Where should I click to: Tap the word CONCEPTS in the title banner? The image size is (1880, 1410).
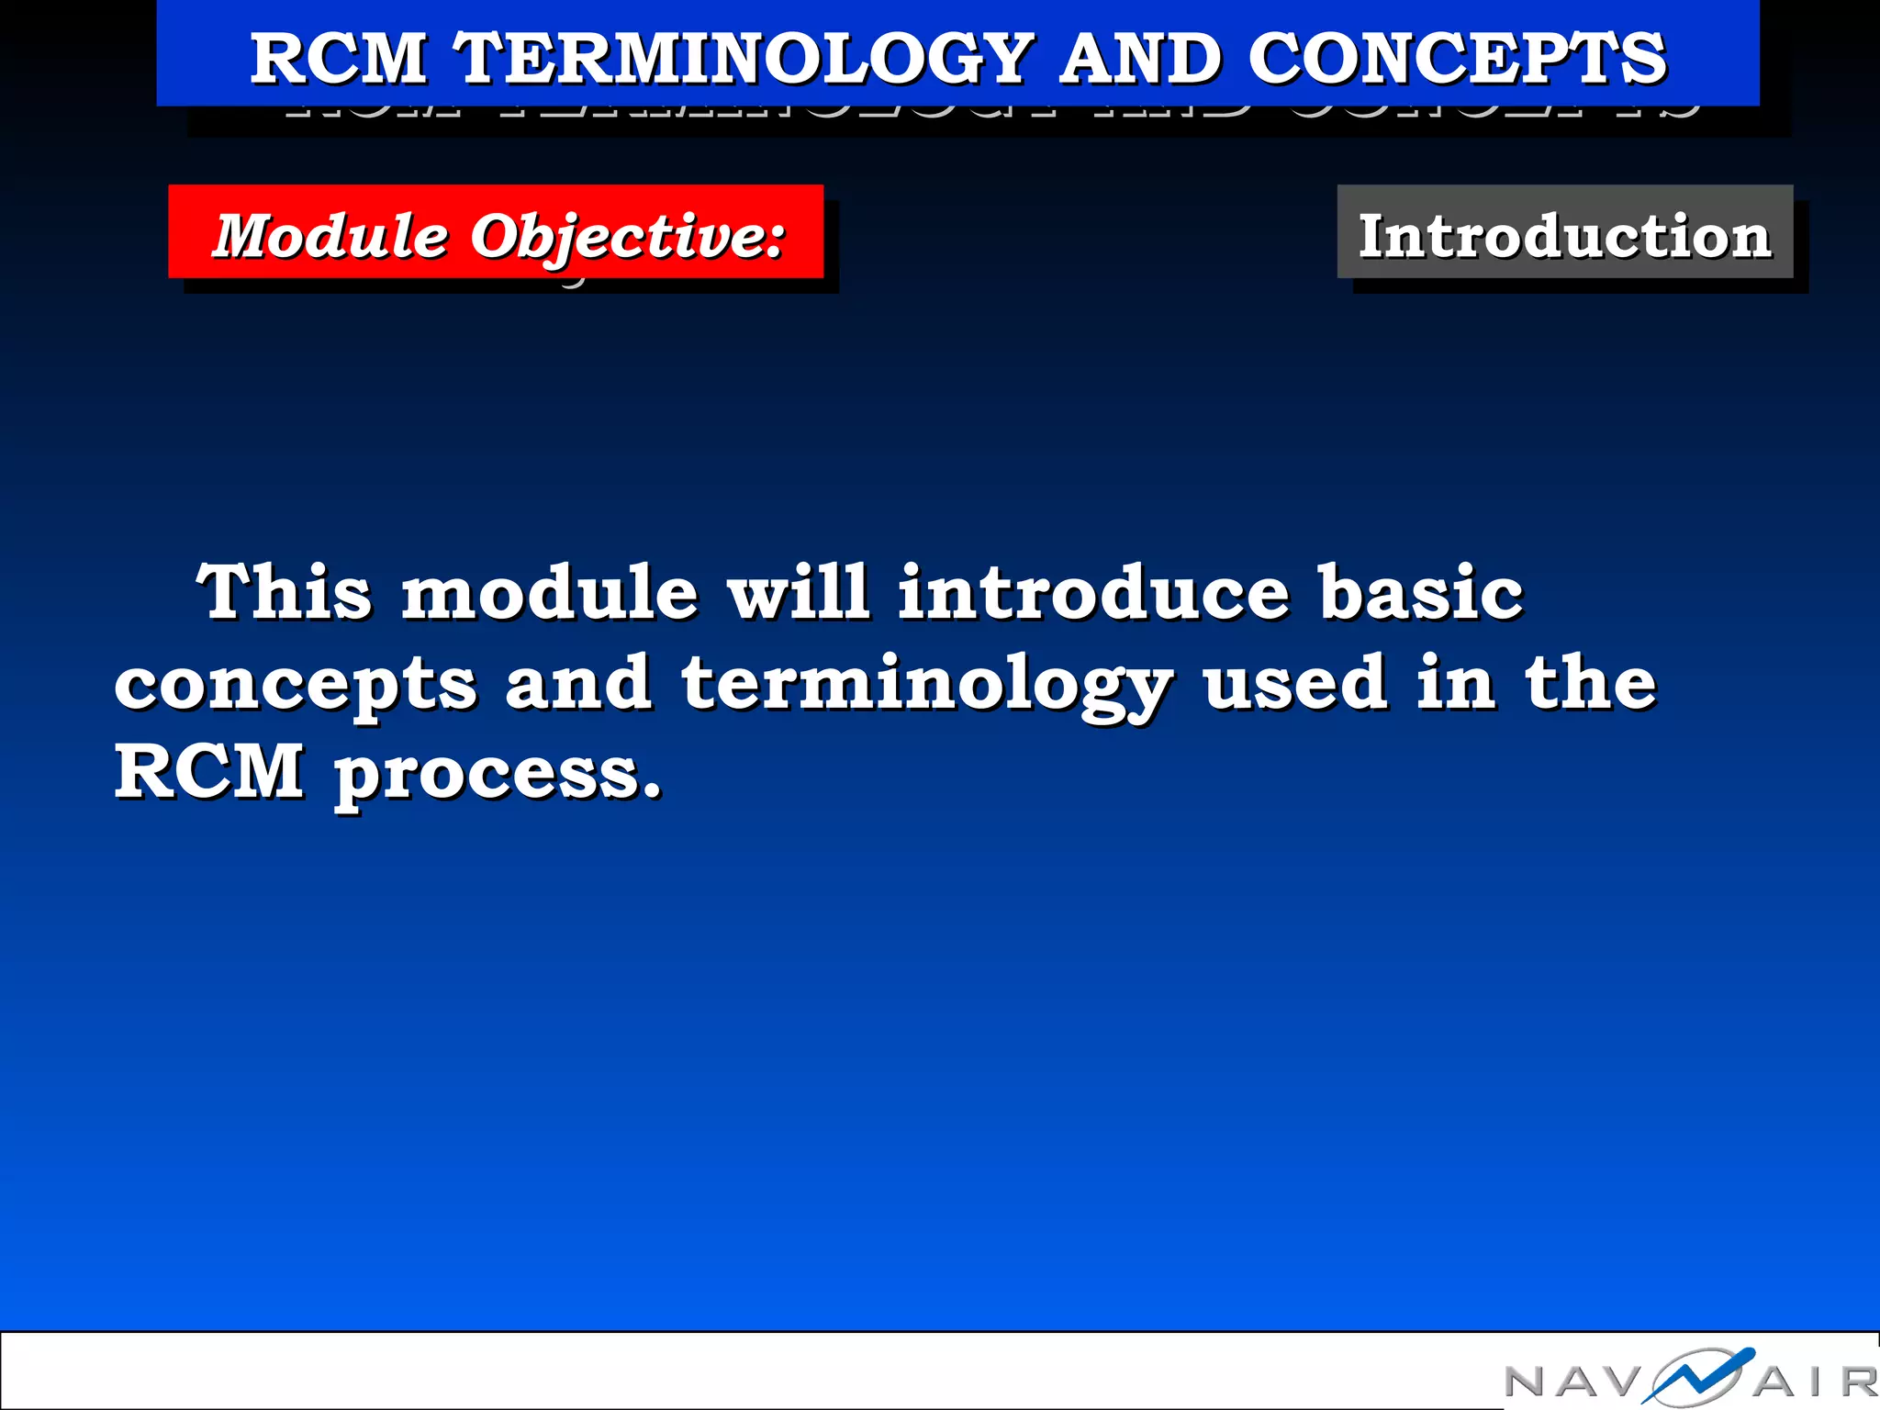pyautogui.click(x=1457, y=59)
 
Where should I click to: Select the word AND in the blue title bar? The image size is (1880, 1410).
pyautogui.click(x=1140, y=59)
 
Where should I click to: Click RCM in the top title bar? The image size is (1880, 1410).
pyautogui.click(x=339, y=59)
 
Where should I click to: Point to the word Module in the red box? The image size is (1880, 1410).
pyautogui.click(x=330, y=236)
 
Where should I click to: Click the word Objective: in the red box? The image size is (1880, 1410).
pyautogui.click(x=628, y=238)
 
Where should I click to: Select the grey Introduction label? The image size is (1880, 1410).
pyautogui.click(x=1564, y=236)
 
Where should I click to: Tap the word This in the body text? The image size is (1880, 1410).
pyautogui.click(x=285, y=592)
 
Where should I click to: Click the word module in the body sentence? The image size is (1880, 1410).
pyautogui.click(x=550, y=592)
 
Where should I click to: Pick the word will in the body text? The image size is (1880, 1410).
pyautogui.click(x=798, y=592)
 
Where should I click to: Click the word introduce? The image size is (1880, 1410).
pyautogui.click(x=1093, y=592)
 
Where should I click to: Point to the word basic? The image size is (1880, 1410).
pyautogui.click(x=1421, y=592)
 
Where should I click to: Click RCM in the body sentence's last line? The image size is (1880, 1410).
pyautogui.click(x=209, y=771)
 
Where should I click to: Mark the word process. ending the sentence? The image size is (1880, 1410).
pyautogui.click(x=497, y=777)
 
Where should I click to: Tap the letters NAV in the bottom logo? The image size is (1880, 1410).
pyautogui.click(x=1572, y=1382)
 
